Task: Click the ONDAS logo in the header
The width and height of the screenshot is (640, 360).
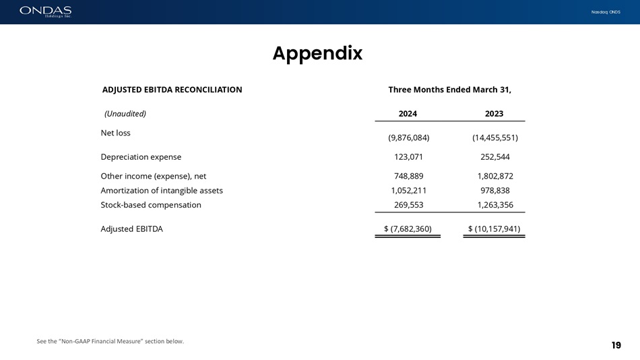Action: point(45,11)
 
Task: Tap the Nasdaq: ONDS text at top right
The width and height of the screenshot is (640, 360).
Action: point(606,12)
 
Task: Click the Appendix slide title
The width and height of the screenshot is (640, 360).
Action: point(317,53)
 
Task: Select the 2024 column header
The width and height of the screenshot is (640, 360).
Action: point(408,114)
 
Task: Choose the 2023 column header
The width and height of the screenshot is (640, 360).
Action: point(494,114)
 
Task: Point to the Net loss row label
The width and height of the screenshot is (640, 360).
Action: point(115,133)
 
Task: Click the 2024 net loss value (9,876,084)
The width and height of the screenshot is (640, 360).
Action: point(408,138)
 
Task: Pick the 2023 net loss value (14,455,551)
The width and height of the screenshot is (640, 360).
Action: point(494,138)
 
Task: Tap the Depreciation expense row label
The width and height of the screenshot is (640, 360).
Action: point(141,157)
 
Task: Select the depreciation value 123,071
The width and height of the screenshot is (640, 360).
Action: point(408,157)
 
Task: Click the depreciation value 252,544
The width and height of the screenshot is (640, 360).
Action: point(494,157)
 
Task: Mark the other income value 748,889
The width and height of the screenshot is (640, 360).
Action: point(408,176)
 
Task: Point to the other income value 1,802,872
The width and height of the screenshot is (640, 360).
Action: point(494,176)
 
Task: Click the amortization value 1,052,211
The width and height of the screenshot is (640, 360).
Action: point(408,190)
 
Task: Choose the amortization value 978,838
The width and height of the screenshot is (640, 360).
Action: point(494,190)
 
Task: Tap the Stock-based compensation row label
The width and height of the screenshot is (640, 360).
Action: point(151,205)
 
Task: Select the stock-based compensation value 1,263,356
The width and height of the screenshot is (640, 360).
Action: point(494,205)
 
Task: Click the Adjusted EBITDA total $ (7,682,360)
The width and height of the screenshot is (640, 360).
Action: point(408,229)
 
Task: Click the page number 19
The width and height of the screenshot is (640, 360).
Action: point(616,345)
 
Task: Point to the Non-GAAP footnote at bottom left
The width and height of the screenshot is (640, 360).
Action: point(110,341)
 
